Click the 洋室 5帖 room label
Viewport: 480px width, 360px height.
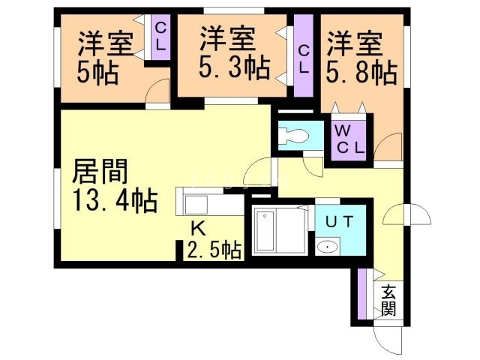click(105, 56)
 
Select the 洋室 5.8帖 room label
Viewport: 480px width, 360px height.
click(361, 56)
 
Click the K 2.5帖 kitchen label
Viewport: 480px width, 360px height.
click(214, 240)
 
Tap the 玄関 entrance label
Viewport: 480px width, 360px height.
click(388, 300)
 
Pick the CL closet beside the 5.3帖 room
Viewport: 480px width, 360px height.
click(304, 58)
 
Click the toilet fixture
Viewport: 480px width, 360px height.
click(294, 136)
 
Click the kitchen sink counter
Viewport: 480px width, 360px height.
click(201, 202)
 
